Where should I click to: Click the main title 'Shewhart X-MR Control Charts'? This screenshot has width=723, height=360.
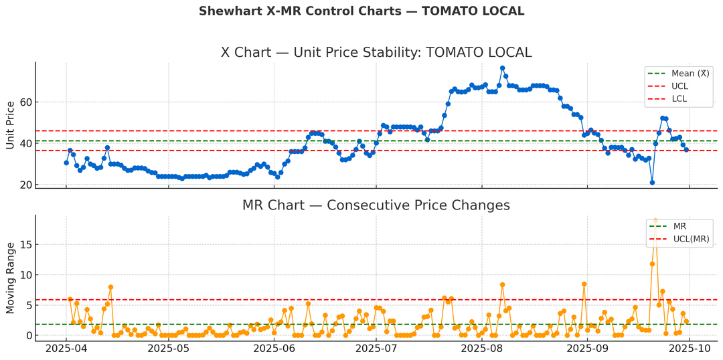point(361,11)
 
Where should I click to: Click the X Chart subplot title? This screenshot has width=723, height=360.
point(376,53)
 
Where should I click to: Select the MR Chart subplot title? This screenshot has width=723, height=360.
point(376,205)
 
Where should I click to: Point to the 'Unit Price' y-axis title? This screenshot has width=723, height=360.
point(11,125)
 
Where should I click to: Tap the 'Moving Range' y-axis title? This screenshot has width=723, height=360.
point(11,278)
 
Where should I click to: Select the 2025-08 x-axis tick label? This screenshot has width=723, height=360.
point(482,349)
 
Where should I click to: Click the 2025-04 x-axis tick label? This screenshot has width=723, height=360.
point(66,349)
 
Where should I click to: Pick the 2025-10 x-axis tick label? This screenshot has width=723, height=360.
point(690,349)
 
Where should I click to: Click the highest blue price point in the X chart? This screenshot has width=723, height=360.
point(502,68)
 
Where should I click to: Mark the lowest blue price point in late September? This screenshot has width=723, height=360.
point(652,183)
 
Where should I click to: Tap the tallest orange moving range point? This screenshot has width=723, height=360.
point(655,220)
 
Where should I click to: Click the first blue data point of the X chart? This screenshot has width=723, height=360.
point(66,163)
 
